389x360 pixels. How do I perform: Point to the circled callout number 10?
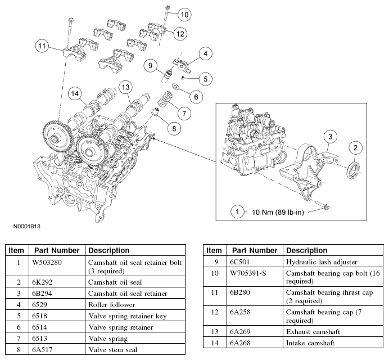(186, 13)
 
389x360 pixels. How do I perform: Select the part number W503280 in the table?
(51, 262)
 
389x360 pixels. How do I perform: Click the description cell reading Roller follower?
(112, 304)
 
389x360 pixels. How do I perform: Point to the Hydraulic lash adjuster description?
(319, 262)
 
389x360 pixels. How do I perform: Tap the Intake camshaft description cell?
(311, 343)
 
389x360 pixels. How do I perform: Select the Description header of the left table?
(109, 250)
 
